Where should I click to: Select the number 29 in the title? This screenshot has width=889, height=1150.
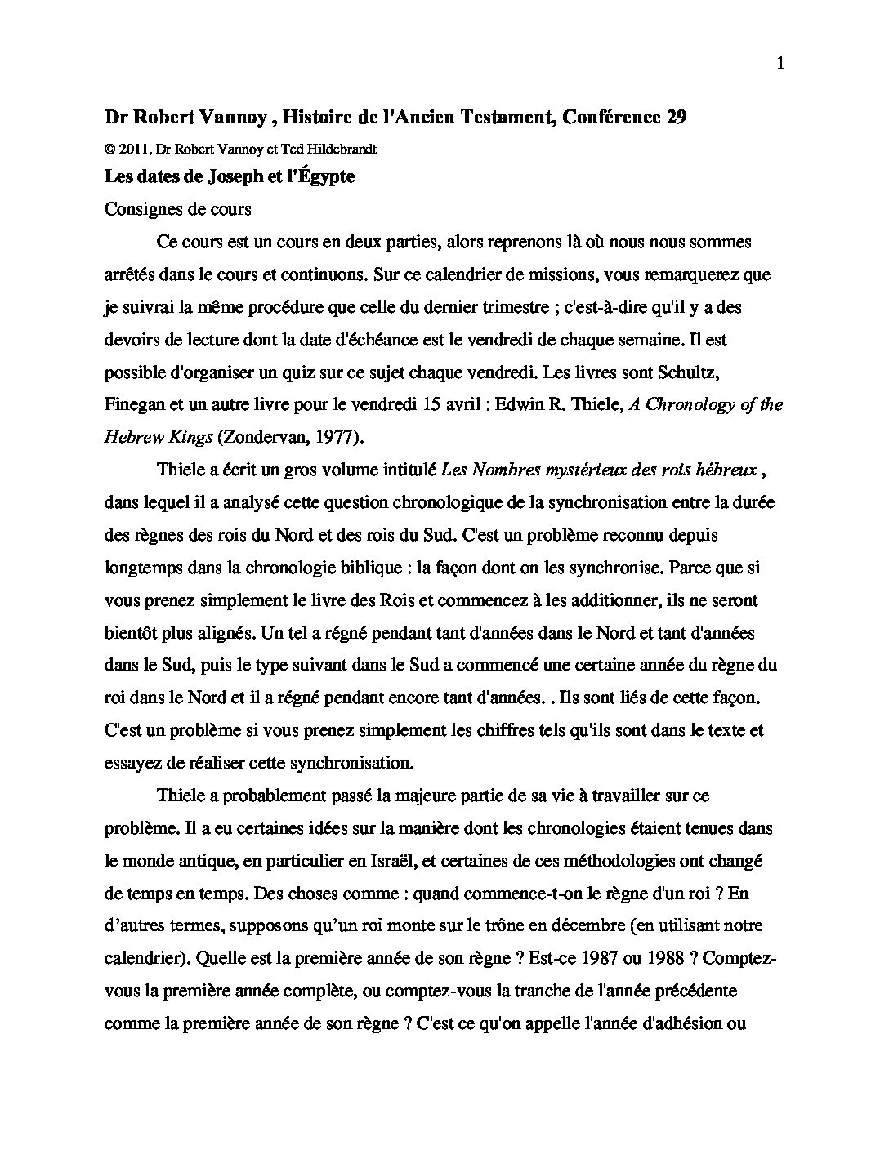676,118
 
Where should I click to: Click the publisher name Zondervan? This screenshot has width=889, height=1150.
258,437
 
